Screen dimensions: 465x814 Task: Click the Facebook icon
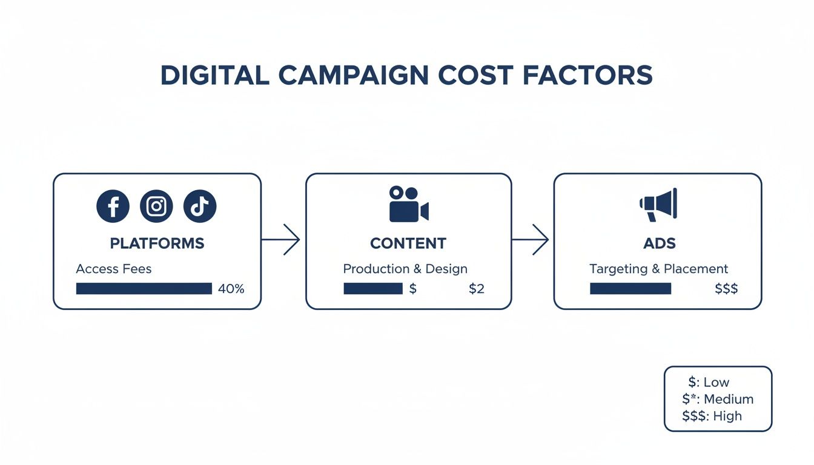pos(113,206)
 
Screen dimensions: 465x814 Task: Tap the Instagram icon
pos(156,206)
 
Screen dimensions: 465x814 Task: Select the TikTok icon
pos(200,206)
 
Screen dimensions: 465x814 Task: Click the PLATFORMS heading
pos(157,243)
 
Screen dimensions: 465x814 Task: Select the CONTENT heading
pos(408,243)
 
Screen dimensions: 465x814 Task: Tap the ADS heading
pos(658,243)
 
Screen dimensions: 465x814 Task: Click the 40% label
pos(231,289)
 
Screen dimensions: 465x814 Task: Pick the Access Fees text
pos(114,268)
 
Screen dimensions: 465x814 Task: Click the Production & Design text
pos(405,268)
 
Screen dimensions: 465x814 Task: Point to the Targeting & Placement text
pos(658,268)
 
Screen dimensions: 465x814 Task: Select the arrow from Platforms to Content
pos(282,240)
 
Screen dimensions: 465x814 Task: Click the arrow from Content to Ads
pos(531,240)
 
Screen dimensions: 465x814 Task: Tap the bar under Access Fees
pos(144,289)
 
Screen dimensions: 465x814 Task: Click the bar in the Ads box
pos(630,289)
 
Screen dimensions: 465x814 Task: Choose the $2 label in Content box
pos(477,289)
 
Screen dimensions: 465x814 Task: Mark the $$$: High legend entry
pos(712,416)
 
